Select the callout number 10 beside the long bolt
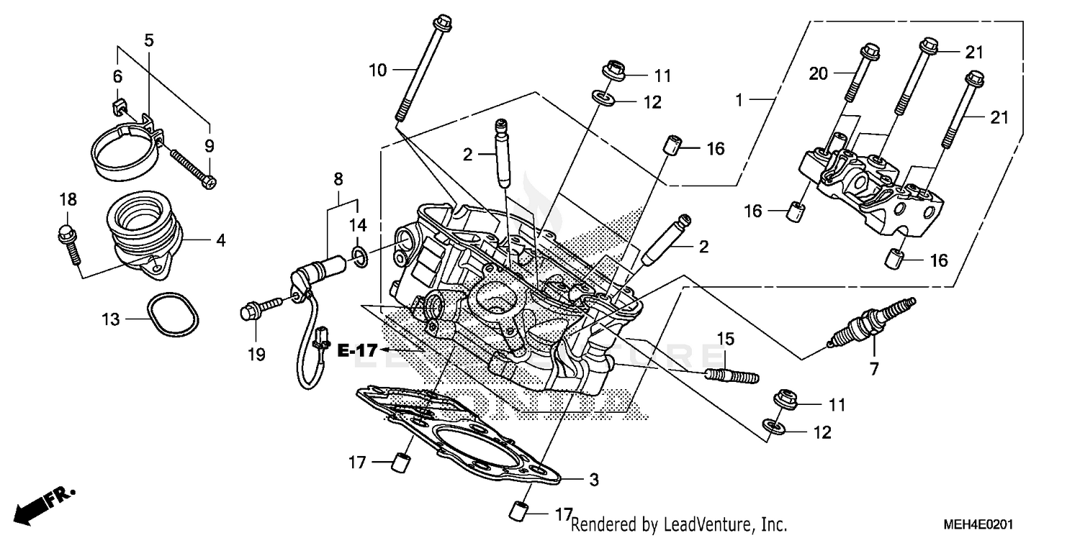coord(378,70)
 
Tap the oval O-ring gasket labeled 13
coord(174,315)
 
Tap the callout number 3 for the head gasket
coord(593,479)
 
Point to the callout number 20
coord(819,73)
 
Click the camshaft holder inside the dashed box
coord(864,187)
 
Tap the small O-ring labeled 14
coord(360,255)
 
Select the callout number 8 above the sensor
coord(338,178)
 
